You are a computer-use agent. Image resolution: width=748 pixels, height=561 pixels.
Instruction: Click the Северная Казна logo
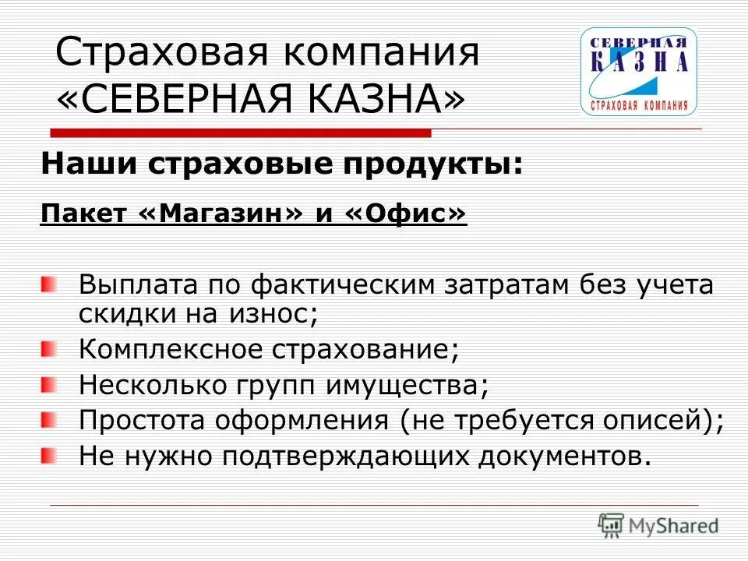click(x=638, y=71)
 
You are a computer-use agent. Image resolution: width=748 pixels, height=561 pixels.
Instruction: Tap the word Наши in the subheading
click(x=79, y=164)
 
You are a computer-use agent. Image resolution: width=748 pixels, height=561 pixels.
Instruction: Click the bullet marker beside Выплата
click(x=49, y=285)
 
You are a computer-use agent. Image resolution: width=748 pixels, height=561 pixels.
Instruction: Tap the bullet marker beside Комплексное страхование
click(x=49, y=350)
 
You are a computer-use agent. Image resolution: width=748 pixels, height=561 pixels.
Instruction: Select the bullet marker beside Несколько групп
click(x=49, y=384)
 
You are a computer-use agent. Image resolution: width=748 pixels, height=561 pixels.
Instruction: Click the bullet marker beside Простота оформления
click(x=49, y=420)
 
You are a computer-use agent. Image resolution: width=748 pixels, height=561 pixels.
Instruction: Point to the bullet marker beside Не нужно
click(x=49, y=454)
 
